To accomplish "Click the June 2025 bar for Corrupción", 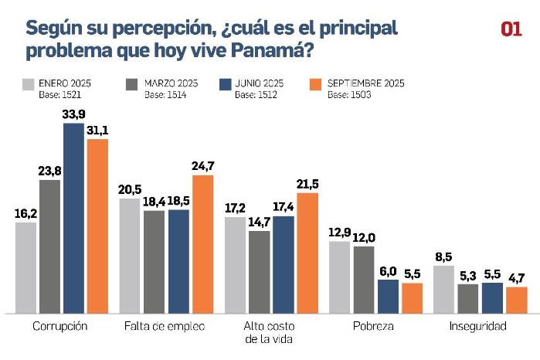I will click(73, 218).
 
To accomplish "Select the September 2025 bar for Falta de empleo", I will click(202, 243).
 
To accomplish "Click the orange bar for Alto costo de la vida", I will click(307, 253).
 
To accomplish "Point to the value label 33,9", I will click(73, 114).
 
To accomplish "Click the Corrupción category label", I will click(60, 326).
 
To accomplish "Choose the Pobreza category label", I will click(375, 326).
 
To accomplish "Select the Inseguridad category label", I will click(478, 326).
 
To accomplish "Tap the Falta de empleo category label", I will click(165, 326).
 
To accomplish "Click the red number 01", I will click(511, 29).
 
